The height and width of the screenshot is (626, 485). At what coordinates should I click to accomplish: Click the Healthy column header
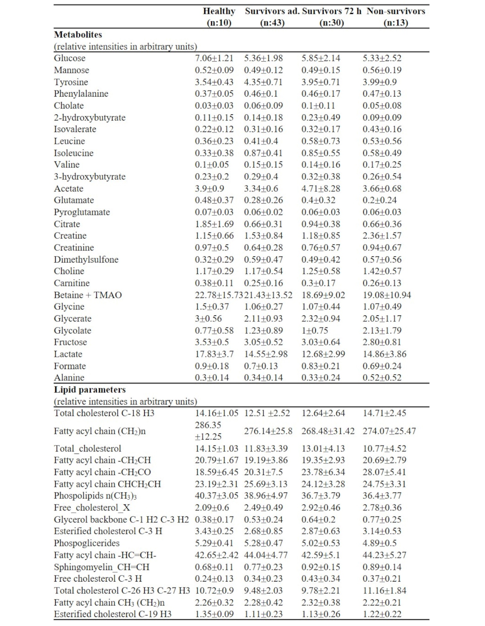click(x=219, y=17)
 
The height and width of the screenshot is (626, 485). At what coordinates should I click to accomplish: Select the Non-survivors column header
click(x=395, y=17)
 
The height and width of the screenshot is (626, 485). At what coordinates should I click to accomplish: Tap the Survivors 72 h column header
click(x=331, y=17)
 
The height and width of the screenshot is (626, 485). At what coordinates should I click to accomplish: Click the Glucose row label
click(x=70, y=58)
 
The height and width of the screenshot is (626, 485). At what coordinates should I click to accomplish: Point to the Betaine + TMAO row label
click(x=88, y=295)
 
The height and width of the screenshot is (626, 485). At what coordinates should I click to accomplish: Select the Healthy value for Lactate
click(x=214, y=354)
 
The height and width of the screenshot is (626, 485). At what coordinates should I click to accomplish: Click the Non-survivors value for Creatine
click(x=382, y=235)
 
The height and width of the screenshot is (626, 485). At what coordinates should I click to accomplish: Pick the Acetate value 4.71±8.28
click(x=321, y=189)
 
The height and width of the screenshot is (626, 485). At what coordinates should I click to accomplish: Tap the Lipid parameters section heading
click(x=90, y=390)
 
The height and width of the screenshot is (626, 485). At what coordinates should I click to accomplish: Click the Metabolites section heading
click(x=78, y=34)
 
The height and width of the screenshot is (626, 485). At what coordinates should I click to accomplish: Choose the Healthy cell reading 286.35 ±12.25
click(x=208, y=431)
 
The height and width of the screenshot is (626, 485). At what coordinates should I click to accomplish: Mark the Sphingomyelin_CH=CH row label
click(x=101, y=567)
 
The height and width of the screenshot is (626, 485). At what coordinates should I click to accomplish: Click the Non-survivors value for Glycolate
click(x=382, y=330)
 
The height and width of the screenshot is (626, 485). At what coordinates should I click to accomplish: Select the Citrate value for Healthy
click(x=214, y=224)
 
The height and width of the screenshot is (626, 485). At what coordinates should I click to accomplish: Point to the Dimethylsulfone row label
click(x=86, y=259)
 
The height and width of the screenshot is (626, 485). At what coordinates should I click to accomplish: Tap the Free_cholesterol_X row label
click(x=92, y=508)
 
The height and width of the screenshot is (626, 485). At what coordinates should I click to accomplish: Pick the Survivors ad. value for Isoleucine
click(x=263, y=153)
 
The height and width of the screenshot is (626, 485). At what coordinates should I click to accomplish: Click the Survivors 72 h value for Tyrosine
click(x=321, y=82)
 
